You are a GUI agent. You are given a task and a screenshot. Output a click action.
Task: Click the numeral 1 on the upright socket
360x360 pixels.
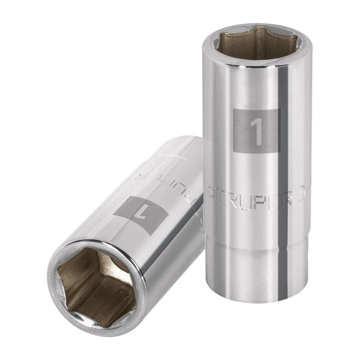[x=256, y=131]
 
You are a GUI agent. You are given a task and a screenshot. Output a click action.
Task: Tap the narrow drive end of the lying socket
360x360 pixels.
[x=180, y=148]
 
